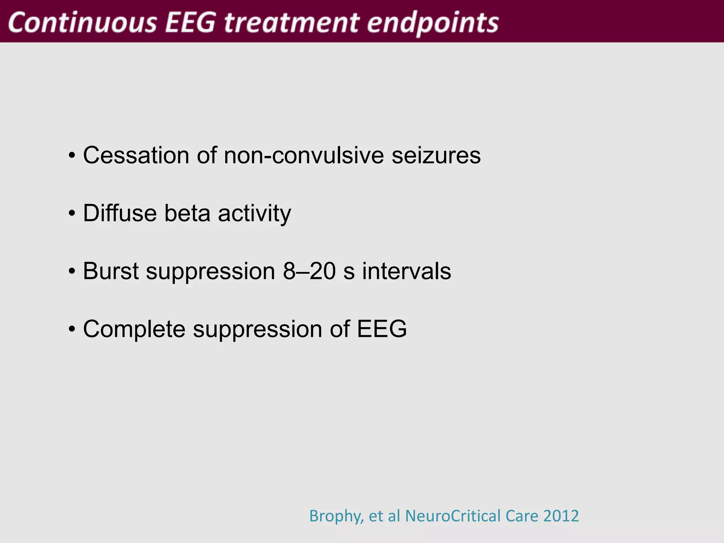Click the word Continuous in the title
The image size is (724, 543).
tap(82, 22)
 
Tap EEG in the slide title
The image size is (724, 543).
tap(190, 22)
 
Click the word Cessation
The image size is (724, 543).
tap(136, 155)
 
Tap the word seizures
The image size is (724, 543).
tap(436, 155)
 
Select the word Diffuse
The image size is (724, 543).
tap(120, 213)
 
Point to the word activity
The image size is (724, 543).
tap(255, 214)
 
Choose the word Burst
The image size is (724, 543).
tap(111, 271)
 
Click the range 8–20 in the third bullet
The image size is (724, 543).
tap(309, 271)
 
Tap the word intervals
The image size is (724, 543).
tap(407, 271)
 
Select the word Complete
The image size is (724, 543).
tap(134, 329)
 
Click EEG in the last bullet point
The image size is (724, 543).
tap(382, 329)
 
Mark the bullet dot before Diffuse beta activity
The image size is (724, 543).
tap(72, 214)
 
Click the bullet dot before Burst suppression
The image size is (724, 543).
tap(72, 272)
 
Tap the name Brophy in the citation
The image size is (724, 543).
tap(336, 516)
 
